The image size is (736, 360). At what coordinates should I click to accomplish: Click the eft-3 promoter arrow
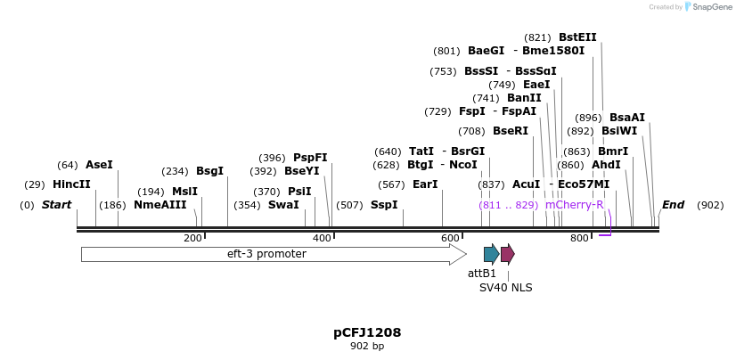pos(267,254)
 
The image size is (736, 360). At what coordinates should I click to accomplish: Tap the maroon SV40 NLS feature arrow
pos(507,254)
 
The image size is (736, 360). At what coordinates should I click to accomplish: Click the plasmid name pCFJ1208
pos(367,332)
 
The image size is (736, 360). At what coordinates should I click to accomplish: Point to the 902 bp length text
pos(367,346)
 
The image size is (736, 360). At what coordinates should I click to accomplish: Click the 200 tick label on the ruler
pos(192,238)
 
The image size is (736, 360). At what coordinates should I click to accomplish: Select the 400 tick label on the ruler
pos(321,238)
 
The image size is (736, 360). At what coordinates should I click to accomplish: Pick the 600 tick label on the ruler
pos(450,238)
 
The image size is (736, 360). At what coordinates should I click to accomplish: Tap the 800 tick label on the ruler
pos(579,238)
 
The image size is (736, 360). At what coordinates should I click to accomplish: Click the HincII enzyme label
pos(71,184)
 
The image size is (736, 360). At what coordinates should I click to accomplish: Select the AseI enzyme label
pos(99,165)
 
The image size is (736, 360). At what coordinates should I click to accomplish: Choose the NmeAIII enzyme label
pos(160,205)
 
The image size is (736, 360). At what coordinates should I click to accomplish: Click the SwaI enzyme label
pos(283,205)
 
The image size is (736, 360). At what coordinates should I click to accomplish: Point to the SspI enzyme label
pos(384,205)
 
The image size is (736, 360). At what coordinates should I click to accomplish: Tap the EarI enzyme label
pos(425,184)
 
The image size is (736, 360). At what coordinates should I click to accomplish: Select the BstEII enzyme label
pos(577,37)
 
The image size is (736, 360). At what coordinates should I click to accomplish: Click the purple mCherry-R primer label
pos(575,205)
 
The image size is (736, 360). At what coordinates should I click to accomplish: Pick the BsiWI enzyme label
pos(619,130)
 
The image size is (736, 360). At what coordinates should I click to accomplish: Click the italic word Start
pos(56,205)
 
